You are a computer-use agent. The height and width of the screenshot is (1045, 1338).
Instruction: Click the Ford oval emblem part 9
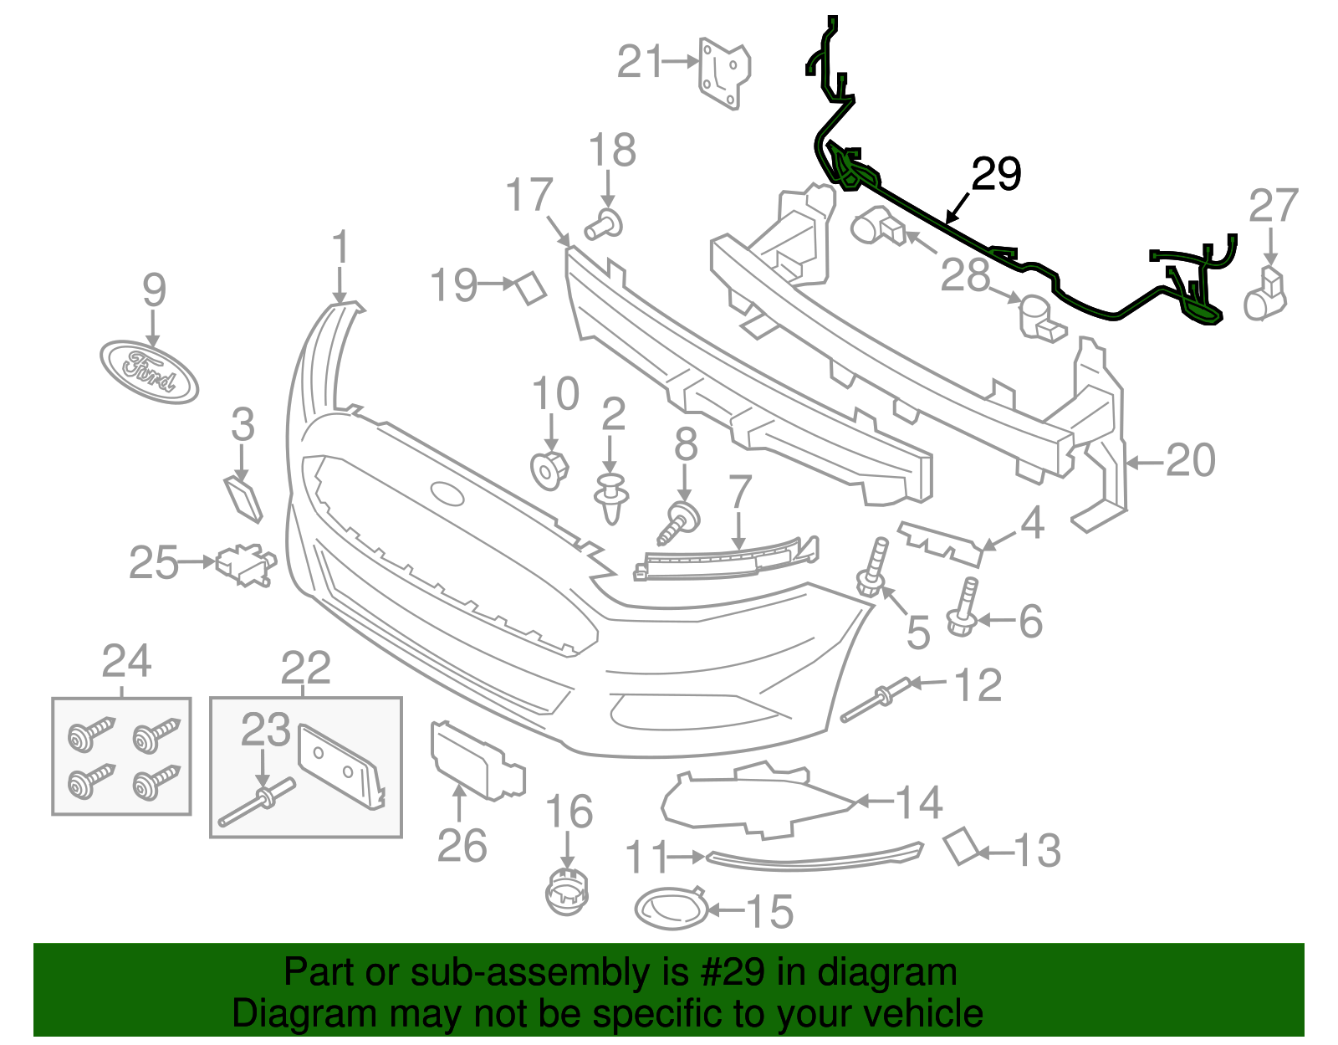coord(149,372)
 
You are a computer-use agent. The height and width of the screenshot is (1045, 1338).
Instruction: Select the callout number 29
coord(996,174)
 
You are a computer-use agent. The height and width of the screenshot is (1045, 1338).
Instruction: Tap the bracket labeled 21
coord(723,74)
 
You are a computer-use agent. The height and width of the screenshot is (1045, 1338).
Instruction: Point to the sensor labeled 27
coord(1267,294)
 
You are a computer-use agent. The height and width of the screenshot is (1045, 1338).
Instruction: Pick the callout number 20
coord(1190,460)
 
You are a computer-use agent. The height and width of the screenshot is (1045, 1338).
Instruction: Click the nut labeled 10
coord(549,469)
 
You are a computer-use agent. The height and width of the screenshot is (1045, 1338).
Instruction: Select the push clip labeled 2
coord(611,498)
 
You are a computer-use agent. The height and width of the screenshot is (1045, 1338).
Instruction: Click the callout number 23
coord(265,730)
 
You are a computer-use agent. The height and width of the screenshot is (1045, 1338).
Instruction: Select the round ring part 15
coord(671,909)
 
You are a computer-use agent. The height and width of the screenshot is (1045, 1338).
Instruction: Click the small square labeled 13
coord(961,846)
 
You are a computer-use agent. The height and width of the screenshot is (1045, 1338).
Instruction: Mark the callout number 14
coord(919,802)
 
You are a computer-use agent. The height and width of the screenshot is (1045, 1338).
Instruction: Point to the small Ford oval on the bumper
coord(447,494)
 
